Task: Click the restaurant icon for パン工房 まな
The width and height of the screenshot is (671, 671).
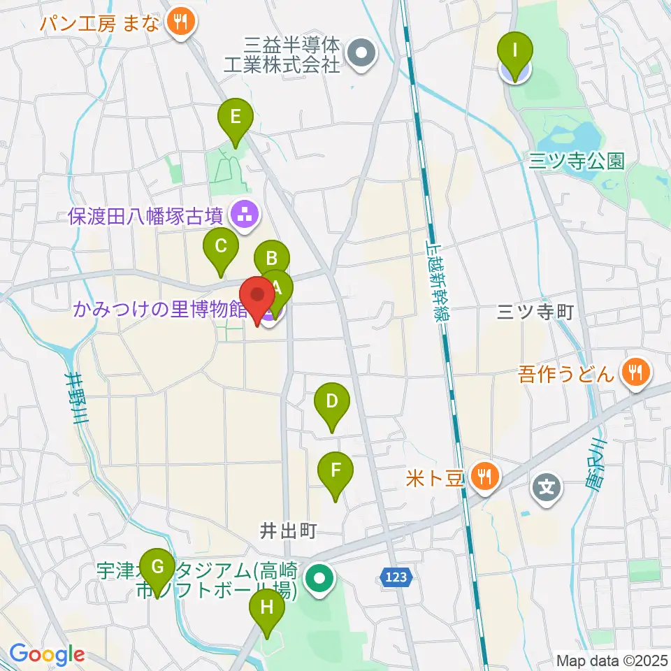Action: point(181,22)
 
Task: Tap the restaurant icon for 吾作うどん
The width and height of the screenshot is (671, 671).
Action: point(635,372)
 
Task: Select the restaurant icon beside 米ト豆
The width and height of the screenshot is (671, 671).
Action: point(483,477)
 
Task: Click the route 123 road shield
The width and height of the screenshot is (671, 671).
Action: point(398,577)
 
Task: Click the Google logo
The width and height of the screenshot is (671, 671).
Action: point(47,655)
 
